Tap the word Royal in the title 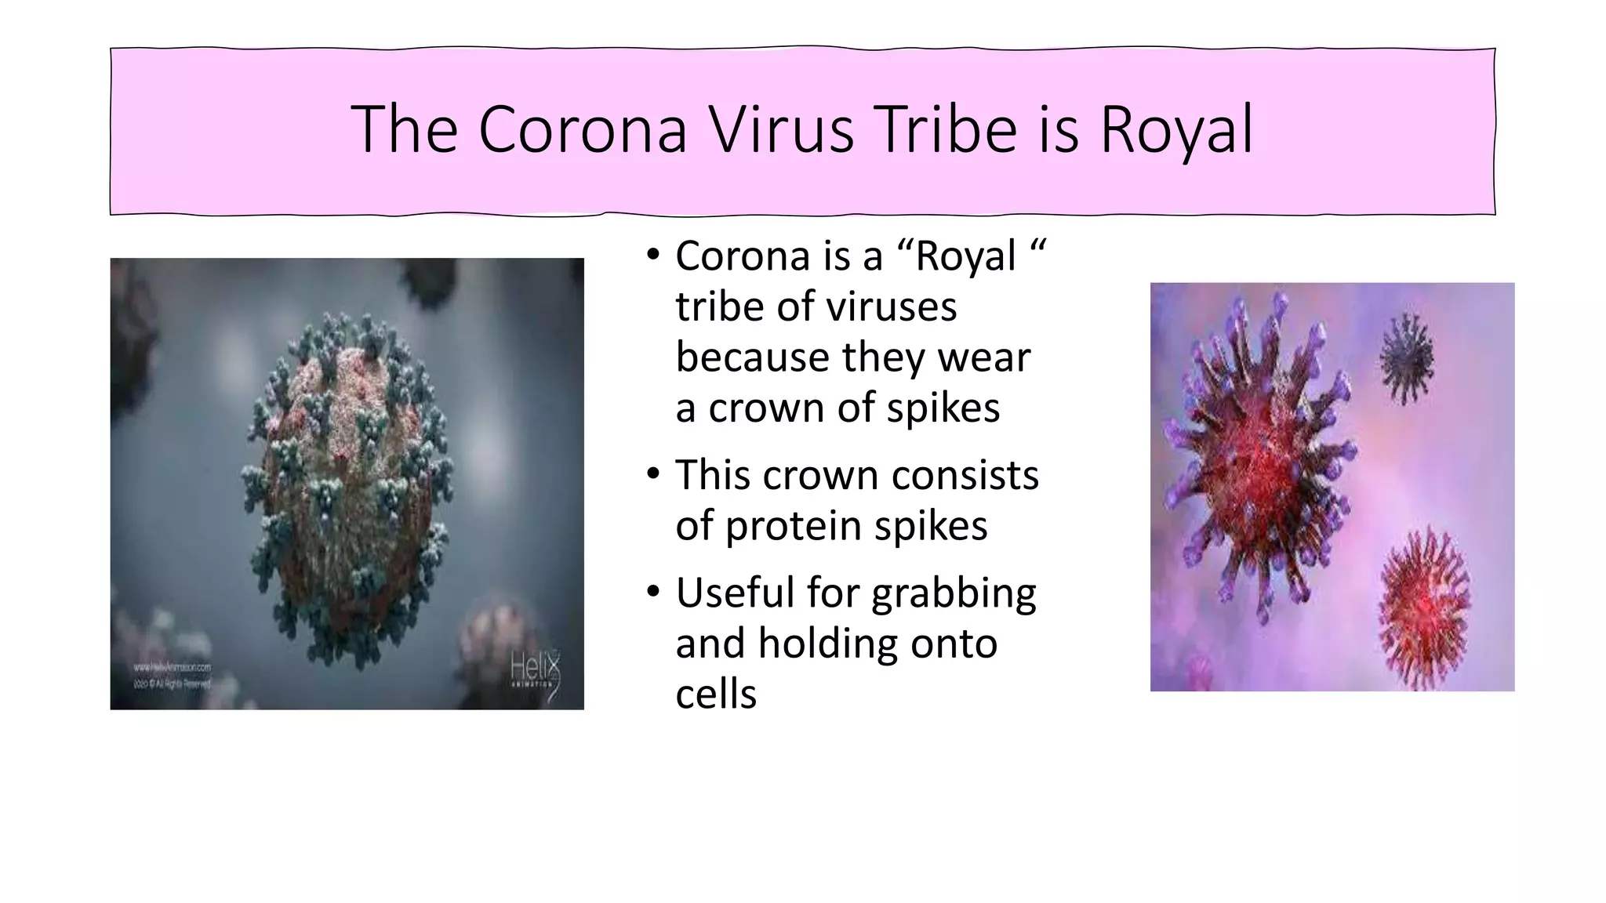click(1176, 129)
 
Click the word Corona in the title click(583, 129)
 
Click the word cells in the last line click(715, 694)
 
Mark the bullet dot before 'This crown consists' click(653, 474)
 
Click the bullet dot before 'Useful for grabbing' click(653, 592)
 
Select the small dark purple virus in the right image click(1406, 358)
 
